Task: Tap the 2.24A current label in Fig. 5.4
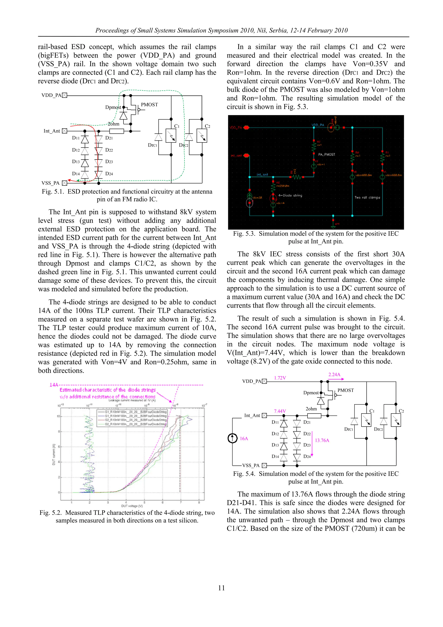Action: [x=334, y=374]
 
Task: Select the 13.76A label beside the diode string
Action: [x=322, y=440]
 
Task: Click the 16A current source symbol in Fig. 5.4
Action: [x=232, y=438]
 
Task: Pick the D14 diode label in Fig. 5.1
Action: [x=76, y=174]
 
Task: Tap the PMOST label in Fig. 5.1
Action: [x=149, y=105]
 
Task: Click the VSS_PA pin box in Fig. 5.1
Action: [x=64, y=183]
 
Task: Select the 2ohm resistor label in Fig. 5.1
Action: [x=114, y=124]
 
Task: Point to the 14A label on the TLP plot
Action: [x=54, y=385]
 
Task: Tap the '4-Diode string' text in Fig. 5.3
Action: [x=290, y=195]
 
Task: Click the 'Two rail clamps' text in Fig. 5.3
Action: [x=367, y=197]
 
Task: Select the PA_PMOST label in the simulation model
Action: [x=326, y=155]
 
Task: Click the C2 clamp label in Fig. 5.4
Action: [x=401, y=411]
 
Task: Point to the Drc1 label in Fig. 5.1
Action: [x=152, y=145]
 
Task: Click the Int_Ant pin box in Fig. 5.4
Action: [x=264, y=415]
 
